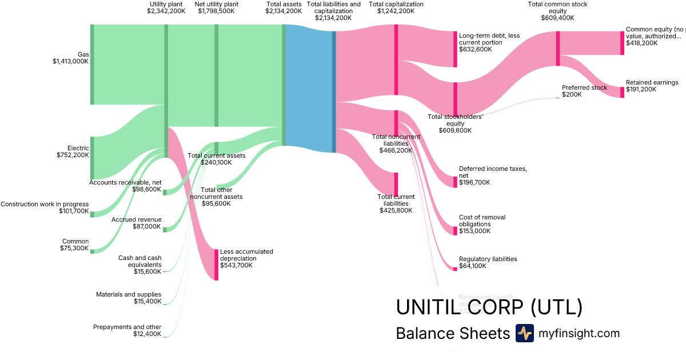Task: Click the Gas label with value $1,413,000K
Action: tap(70, 58)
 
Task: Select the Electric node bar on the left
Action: tap(91, 158)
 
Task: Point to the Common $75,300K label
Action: tap(74, 245)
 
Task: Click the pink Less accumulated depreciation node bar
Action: tap(216, 265)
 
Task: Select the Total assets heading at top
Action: tap(284, 7)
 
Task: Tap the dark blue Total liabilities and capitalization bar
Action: tap(334, 91)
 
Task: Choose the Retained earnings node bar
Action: tap(622, 92)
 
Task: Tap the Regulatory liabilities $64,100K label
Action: tap(488, 262)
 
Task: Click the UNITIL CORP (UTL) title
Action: tap(489, 307)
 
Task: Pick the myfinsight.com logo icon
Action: tap(524, 333)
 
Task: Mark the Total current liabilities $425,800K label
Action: tap(396, 203)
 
